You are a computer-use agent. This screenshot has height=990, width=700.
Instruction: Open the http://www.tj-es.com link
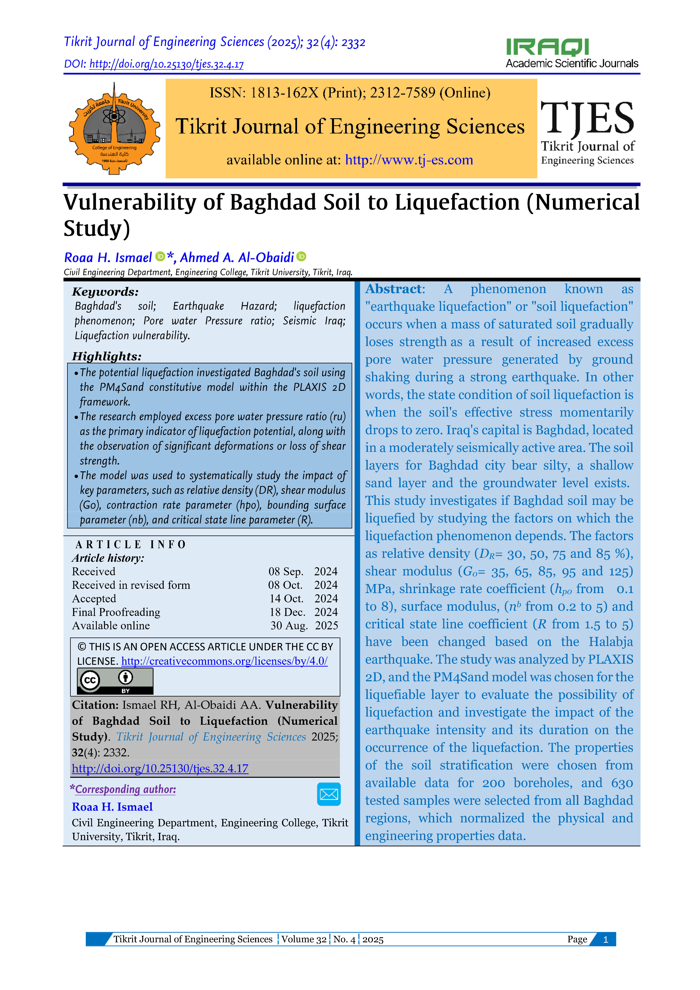point(409,160)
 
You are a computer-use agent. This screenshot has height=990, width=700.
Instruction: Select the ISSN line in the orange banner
point(350,93)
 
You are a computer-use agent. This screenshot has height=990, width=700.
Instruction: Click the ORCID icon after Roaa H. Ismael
point(160,257)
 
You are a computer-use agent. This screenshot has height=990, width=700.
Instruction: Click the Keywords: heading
point(105,292)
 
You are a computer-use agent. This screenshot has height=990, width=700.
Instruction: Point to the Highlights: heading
point(107,356)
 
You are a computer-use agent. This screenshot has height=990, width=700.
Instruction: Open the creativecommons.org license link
point(224,661)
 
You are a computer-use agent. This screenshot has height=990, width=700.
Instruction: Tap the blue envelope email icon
point(329,794)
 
